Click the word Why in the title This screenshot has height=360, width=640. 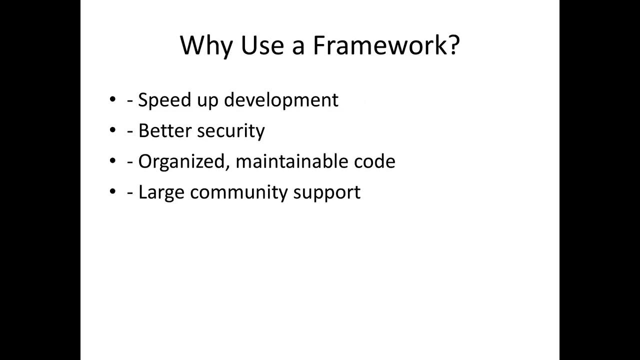click(x=206, y=46)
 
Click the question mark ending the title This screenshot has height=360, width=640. click(x=452, y=45)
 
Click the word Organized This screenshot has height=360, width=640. click(x=183, y=161)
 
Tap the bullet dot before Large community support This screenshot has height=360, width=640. click(x=112, y=192)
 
